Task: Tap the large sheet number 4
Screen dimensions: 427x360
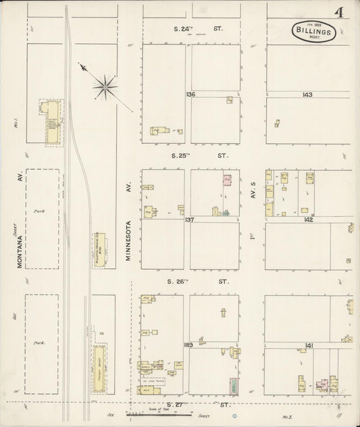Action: pyautogui.click(x=336, y=14)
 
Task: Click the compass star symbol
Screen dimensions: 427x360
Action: pyautogui.click(x=105, y=84)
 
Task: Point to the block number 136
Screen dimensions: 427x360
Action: pyautogui.click(x=190, y=94)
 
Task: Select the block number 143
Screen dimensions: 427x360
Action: pyautogui.click(x=307, y=94)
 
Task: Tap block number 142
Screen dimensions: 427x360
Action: pyautogui.click(x=309, y=220)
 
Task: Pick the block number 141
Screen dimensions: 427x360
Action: pyautogui.click(x=309, y=345)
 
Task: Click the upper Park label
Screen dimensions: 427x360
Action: pyautogui.click(x=38, y=211)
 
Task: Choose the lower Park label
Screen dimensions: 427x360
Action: pyautogui.click(x=38, y=343)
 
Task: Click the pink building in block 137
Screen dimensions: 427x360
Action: pyautogui.click(x=228, y=180)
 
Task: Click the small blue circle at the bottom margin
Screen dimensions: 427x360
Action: pyautogui.click(x=234, y=415)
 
